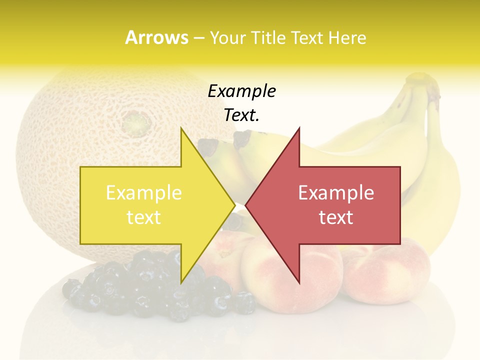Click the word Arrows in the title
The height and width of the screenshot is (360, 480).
pos(156,37)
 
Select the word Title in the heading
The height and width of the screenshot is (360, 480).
pos(267,38)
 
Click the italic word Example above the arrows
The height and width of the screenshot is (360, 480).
pos(241,91)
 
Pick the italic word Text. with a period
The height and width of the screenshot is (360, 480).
pos(241,115)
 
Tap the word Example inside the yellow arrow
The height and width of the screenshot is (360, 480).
pos(144,193)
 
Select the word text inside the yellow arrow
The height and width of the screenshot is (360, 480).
pos(144,217)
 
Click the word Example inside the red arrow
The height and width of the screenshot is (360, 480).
pos(336,193)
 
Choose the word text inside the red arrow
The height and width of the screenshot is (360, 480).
pos(336,217)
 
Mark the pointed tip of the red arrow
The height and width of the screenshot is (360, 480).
pos(246,205)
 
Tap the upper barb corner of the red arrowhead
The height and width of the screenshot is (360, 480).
pos(299,128)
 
